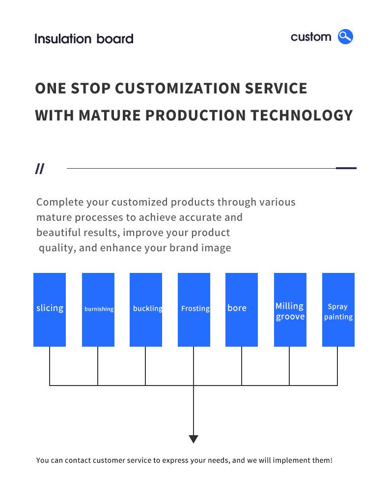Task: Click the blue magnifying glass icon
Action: pyautogui.click(x=345, y=37)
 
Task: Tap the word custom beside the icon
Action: pyautogui.click(x=311, y=37)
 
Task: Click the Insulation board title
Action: pyautogui.click(x=84, y=39)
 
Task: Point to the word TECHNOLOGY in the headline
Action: pyautogui.click(x=302, y=115)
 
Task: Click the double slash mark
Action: pyautogui.click(x=40, y=169)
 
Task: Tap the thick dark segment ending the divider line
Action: pyautogui.click(x=346, y=168)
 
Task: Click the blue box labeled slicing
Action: pyautogui.click(x=50, y=310)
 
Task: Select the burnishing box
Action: pyautogui.click(x=98, y=310)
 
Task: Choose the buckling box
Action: pyautogui.click(x=146, y=310)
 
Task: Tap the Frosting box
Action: pyautogui.click(x=194, y=310)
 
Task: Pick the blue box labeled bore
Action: pyautogui.click(x=242, y=310)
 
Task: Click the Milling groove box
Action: pyautogui.click(x=290, y=310)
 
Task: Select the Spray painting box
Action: pyautogui.click(x=338, y=310)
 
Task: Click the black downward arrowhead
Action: pyautogui.click(x=194, y=439)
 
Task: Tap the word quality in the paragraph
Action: pyautogui.click(x=57, y=248)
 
